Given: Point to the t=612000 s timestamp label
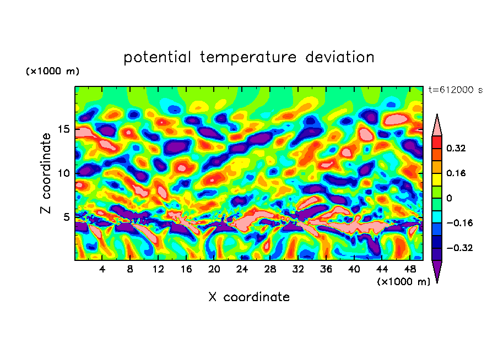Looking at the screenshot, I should (455, 90).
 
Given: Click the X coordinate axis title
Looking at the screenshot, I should (249, 297).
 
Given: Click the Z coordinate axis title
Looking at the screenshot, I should (46, 173).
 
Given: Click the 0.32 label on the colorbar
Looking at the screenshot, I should (457, 148).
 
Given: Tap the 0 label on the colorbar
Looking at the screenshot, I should (449, 198).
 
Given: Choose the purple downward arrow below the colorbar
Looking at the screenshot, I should (436, 271).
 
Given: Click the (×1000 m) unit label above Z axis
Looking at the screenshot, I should (52, 72).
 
